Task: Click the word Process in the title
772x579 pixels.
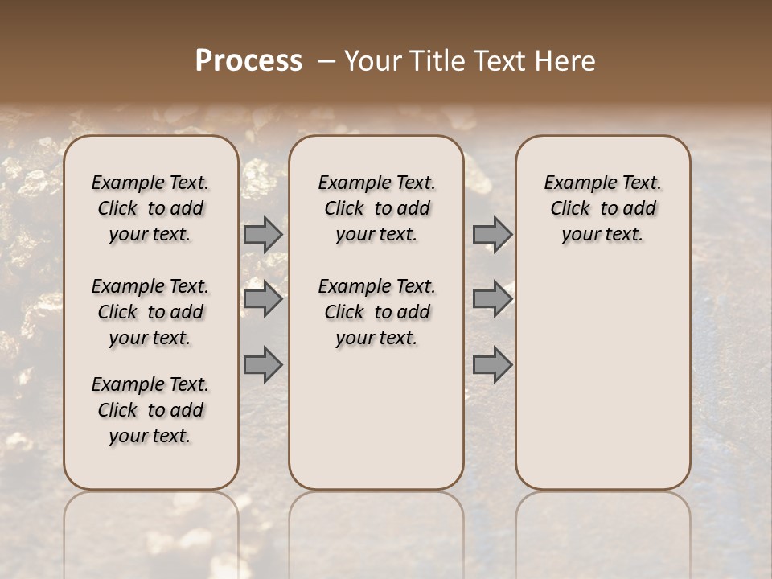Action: tap(248, 61)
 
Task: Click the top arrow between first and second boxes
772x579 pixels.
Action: tap(263, 234)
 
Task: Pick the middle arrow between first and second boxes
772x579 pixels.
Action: tap(263, 300)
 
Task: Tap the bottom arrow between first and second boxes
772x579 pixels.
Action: tap(263, 364)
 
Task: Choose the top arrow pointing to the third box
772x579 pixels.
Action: tap(492, 234)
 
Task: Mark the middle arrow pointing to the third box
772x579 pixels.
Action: tap(492, 300)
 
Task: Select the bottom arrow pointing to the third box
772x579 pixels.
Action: tap(492, 364)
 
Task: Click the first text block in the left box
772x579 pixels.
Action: tap(150, 208)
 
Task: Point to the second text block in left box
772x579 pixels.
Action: tap(150, 312)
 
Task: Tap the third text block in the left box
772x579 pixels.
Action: tap(150, 410)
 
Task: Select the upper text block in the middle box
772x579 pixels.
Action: tap(376, 208)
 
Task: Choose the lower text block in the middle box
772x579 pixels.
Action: tap(376, 312)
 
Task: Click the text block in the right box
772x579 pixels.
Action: tap(602, 208)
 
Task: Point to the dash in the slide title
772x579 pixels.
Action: tap(326, 62)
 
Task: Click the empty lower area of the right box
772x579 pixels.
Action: tap(602, 378)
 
